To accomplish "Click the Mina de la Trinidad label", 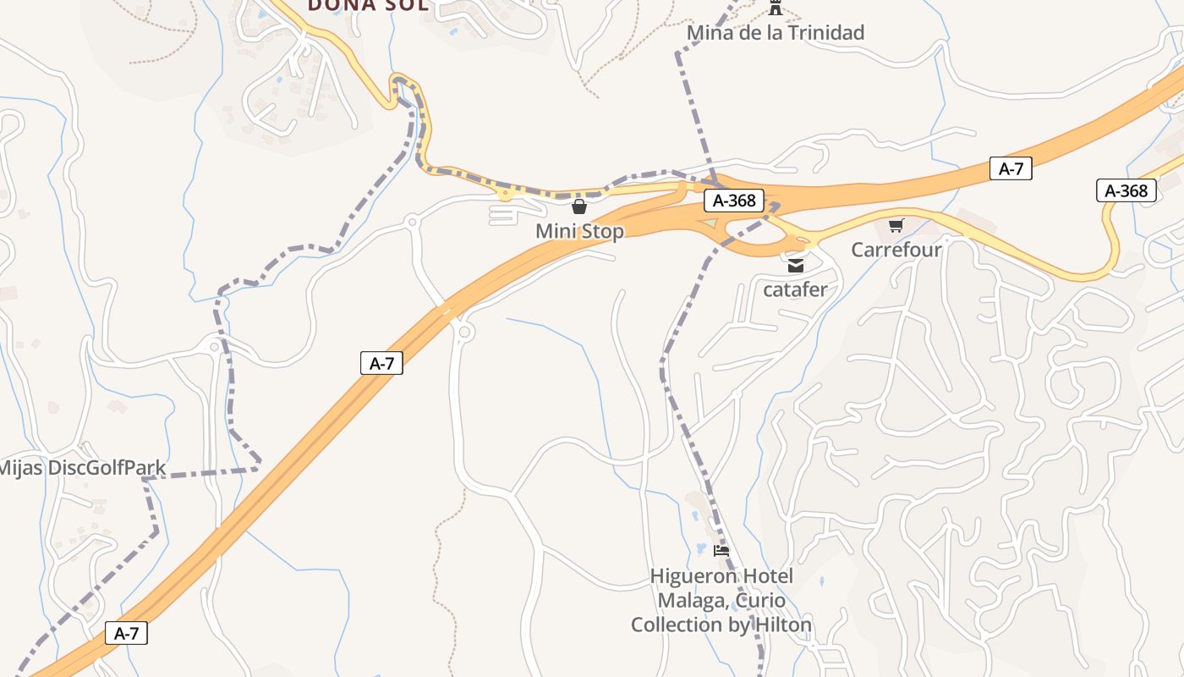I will (776, 33).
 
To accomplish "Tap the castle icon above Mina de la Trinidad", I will (775, 8).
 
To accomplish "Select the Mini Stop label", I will (579, 231).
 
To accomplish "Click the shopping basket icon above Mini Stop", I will (579, 206).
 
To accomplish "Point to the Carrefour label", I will (896, 250).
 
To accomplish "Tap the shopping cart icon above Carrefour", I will (896, 225).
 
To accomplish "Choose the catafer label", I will (795, 289).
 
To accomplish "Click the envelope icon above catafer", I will (796, 266).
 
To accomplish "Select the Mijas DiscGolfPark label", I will (82, 468).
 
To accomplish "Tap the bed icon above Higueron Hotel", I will (721, 550).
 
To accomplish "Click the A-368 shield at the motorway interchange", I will (734, 201).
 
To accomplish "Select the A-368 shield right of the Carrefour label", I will (1126, 190).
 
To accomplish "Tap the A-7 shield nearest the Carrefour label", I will (1011, 168).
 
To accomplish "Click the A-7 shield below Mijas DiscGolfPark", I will (126, 633).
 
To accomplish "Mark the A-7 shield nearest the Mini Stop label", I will (381, 363).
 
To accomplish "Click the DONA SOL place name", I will (368, 5).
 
